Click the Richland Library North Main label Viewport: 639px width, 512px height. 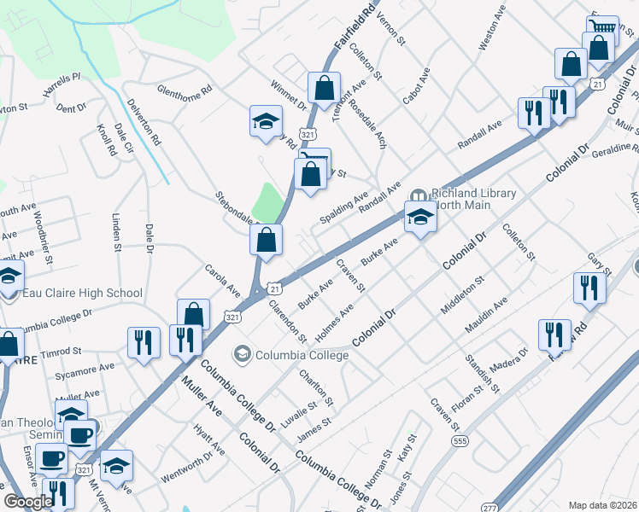474,199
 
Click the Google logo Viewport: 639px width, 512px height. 27,501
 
